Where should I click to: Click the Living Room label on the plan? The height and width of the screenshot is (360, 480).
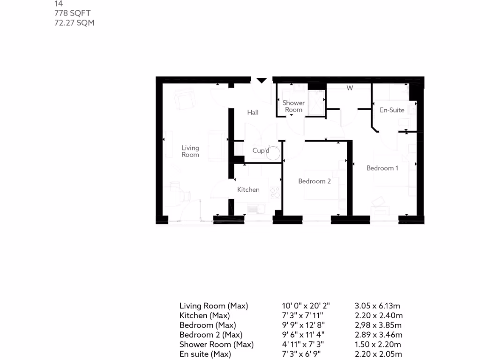point(190,151)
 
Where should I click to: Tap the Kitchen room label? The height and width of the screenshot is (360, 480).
point(248,190)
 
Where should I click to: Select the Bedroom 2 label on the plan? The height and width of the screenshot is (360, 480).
point(315,181)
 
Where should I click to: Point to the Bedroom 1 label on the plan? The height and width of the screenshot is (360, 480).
point(382,168)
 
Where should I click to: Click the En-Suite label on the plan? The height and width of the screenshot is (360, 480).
point(392,110)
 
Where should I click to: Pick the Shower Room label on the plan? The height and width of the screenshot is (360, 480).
point(293,106)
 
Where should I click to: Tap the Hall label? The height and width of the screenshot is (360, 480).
point(253,112)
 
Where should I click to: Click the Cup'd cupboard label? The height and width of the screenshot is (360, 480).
point(261,150)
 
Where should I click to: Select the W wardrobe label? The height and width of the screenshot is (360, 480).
point(349,88)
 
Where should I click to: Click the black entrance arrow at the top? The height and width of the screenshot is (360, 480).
point(261,81)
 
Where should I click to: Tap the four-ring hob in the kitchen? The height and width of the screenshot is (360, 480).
point(275,193)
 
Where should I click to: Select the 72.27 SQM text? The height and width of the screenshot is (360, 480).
point(75,22)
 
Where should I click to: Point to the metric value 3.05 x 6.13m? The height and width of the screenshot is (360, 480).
point(378,306)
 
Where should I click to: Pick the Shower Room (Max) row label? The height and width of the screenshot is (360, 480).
point(216,345)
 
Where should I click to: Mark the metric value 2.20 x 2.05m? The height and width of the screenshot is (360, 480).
point(378,354)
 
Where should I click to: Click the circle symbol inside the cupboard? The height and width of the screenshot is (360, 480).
point(273,153)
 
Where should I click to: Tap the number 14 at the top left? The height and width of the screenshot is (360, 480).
point(59,3)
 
